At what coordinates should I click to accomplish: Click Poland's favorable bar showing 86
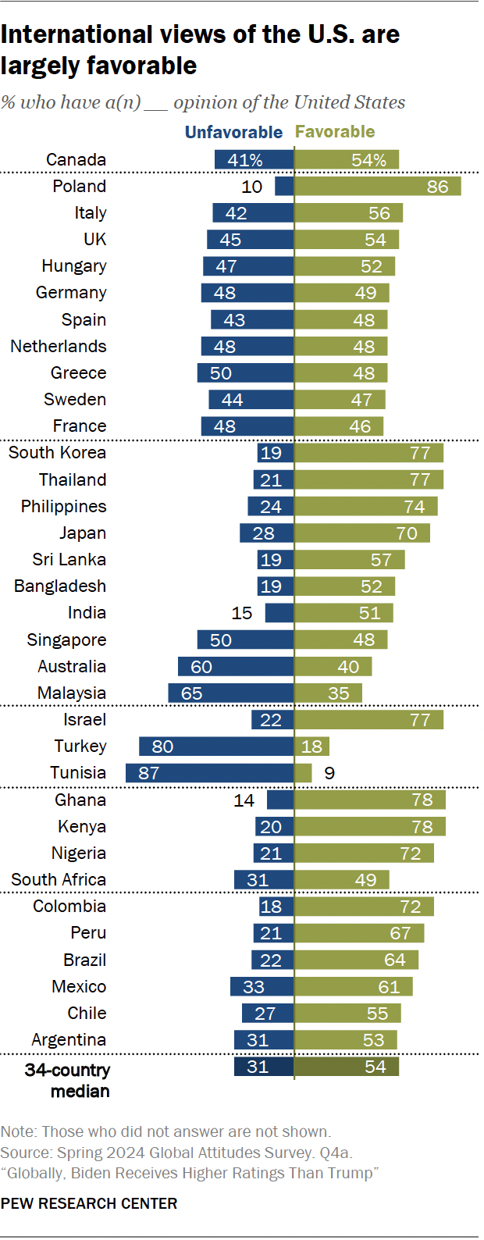pos(377,186)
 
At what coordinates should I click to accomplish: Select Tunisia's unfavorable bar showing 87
pos(209,773)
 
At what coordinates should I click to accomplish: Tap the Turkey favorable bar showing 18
pos(311,746)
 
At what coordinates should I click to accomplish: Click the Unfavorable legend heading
pos(233,132)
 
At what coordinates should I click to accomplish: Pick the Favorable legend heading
pos(335,132)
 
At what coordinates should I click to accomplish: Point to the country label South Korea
pos(57,453)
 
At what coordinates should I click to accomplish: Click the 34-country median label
pos(68,1081)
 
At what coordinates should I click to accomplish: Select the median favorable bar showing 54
pos(347,1067)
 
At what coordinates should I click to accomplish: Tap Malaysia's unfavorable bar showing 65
pos(230,693)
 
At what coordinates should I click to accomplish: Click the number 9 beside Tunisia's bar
pos(329,773)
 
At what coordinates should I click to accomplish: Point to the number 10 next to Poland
pos(252,187)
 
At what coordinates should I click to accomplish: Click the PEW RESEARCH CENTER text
pos(89,1203)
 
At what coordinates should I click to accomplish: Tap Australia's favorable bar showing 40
pos(333,667)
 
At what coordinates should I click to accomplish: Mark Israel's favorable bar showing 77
pos(368,720)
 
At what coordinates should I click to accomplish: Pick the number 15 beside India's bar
pos(242,614)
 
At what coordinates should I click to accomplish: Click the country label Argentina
pos(69,1040)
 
